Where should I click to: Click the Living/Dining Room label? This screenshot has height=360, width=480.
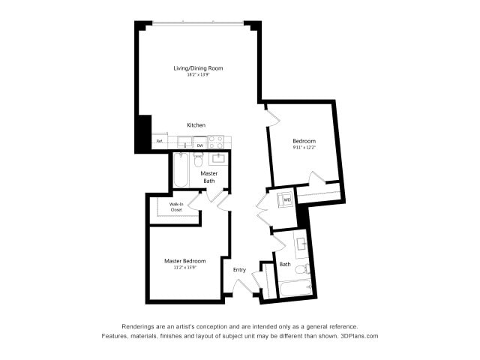(198, 68)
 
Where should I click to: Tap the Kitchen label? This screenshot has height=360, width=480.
(196, 125)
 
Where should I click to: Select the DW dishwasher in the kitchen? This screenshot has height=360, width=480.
(200, 145)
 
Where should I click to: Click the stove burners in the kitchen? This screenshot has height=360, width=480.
(216, 142)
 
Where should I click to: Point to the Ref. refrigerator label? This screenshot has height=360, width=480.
(160, 141)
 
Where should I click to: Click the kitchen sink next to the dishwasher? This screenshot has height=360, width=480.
(184, 143)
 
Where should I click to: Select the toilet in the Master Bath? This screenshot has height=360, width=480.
(199, 159)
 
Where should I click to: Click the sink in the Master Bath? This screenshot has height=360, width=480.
(219, 157)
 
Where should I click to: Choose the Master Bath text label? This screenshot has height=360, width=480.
(208, 177)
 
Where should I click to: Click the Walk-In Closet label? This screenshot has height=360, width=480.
(176, 207)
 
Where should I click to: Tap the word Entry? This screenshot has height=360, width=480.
(239, 270)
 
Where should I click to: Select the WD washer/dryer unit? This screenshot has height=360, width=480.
(286, 200)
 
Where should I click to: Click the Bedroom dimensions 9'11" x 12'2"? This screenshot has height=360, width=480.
(304, 148)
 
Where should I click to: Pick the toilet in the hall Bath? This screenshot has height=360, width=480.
(301, 269)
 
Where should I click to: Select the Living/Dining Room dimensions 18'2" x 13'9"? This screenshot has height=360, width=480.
(198, 74)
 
